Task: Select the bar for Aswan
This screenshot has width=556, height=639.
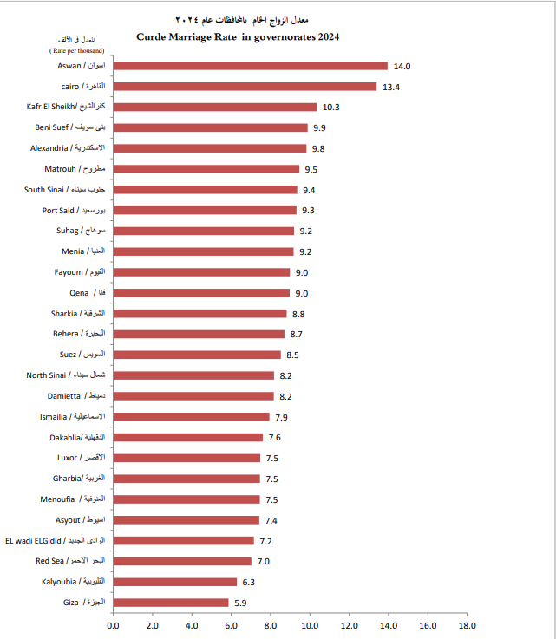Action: coord(250,66)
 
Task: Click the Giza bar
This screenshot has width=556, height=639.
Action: coord(171,603)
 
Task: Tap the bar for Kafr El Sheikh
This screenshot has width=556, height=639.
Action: coord(214,107)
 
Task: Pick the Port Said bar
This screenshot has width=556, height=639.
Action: coord(205,210)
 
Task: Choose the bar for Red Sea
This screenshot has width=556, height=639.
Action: coord(182,561)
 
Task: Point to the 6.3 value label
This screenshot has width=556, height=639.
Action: coord(249,582)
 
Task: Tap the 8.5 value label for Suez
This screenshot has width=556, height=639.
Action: coord(293,355)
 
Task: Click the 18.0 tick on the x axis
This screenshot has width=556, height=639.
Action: coord(468,624)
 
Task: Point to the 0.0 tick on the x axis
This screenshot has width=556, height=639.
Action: coord(113,624)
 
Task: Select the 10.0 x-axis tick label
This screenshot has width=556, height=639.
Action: coord(310,624)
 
